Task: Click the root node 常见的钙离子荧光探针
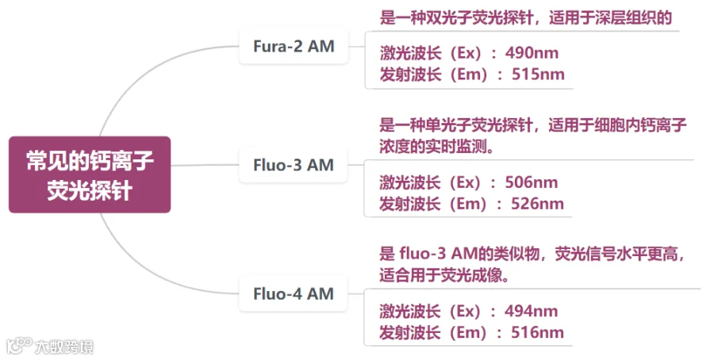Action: click(x=90, y=174)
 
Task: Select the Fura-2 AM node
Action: click(x=294, y=47)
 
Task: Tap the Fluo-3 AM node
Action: click(x=294, y=166)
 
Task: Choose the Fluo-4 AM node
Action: click(x=294, y=294)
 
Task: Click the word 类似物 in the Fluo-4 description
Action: click(x=515, y=255)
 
